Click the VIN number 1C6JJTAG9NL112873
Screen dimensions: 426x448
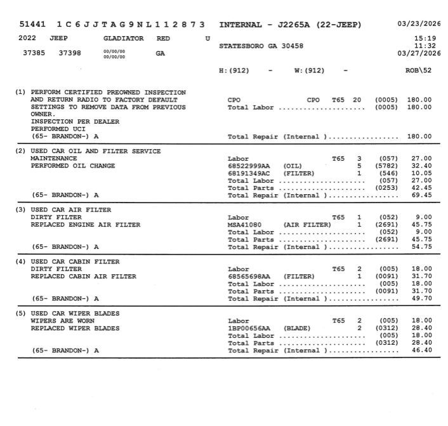tap(131, 25)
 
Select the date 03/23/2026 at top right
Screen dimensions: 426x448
tap(419, 24)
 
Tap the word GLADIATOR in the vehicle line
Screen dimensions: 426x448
tap(124, 39)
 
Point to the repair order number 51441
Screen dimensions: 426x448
tap(32, 25)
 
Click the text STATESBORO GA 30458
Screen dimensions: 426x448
tap(261, 46)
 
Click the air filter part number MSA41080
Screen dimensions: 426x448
tap(245, 224)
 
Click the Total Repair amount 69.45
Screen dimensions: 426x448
tap(421, 195)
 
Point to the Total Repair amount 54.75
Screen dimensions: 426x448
tap(421, 246)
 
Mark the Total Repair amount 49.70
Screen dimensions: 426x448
tap(421, 298)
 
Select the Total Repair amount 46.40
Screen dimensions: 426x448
tap(421, 350)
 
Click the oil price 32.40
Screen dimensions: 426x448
tap(421, 166)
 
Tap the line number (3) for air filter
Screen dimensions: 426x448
tap(20, 210)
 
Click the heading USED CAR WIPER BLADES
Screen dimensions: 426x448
tap(75, 314)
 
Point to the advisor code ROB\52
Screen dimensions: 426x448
tap(418, 70)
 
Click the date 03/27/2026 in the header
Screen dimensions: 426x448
tap(419, 53)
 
